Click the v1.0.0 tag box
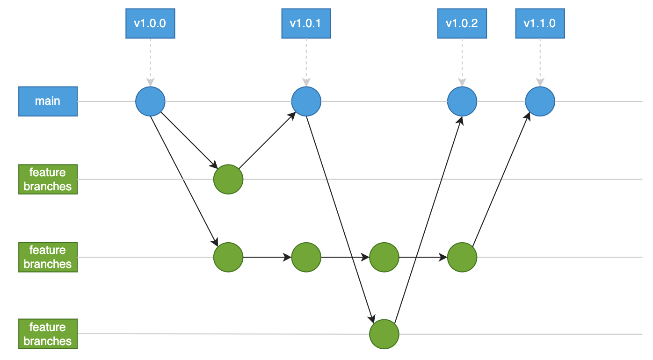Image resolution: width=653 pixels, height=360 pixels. [x=150, y=23]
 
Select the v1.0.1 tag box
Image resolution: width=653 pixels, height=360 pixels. [x=306, y=23]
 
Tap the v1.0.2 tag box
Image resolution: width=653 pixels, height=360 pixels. [x=462, y=23]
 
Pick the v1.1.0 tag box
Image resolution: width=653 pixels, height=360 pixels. [x=540, y=23]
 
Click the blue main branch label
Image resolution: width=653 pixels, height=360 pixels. [x=48, y=101]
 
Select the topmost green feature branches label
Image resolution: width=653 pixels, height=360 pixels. [x=48, y=179]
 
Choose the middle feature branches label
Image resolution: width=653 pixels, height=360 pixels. [x=48, y=257]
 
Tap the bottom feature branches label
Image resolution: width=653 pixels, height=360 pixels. [x=48, y=334]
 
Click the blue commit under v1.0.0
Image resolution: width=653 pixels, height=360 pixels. [x=150, y=101]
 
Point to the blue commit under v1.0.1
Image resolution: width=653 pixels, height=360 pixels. [x=306, y=101]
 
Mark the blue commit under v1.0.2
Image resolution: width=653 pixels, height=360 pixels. [x=462, y=101]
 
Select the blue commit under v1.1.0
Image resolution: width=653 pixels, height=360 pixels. [x=540, y=101]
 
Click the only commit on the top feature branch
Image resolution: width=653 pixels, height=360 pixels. [x=228, y=179]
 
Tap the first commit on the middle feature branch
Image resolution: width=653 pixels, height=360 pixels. [x=228, y=257]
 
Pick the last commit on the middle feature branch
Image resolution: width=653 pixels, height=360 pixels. [x=462, y=257]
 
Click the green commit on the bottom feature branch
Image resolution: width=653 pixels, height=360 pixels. [x=384, y=334]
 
